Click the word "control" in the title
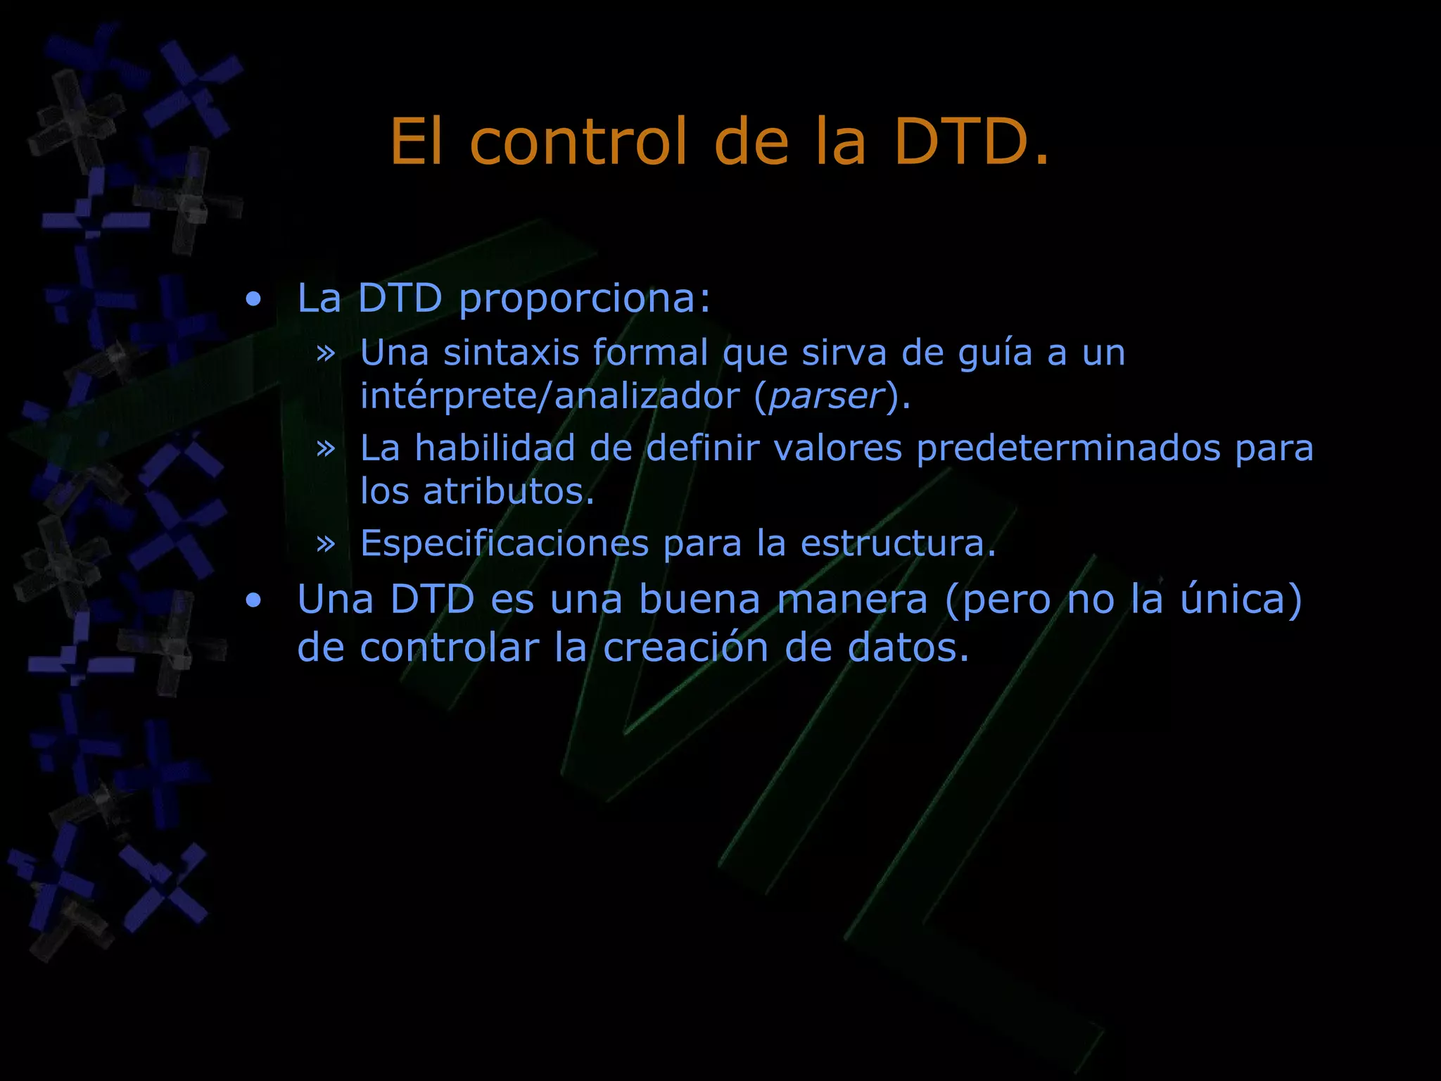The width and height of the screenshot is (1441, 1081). pyautogui.click(x=578, y=142)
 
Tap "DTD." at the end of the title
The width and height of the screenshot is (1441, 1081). pyautogui.click(x=972, y=142)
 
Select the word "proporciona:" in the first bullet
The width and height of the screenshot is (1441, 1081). pyautogui.click(x=585, y=299)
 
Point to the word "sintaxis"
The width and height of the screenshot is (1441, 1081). pyautogui.click(x=512, y=353)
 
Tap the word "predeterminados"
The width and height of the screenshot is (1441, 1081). pyautogui.click(x=1068, y=448)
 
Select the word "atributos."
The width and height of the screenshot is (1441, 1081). pyautogui.click(x=509, y=491)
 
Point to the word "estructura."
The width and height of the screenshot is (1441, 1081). pyautogui.click(x=899, y=543)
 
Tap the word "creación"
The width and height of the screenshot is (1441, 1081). pyautogui.click(x=685, y=648)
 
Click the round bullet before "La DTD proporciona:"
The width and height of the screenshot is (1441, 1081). pyautogui.click(x=253, y=301)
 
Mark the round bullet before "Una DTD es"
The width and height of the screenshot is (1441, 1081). pyautogui.click(x=253, y=601)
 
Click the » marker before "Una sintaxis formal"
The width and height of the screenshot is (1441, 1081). pyautogui.click(x=325, y=353)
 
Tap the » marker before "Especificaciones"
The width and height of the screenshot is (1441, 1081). pyautogui.click(x=325, y=543)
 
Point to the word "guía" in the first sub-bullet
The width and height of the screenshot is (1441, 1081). pyautogui.click(x=995, y=354)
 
